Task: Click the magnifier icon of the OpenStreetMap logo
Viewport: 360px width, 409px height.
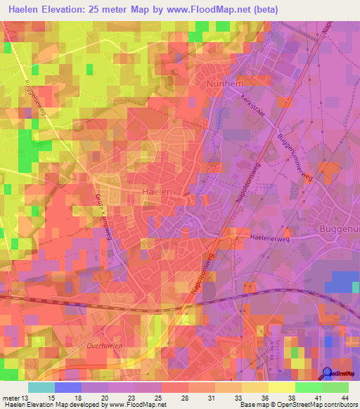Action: tap(326, 373)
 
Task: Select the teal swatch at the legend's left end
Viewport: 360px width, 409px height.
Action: tap(41, 387)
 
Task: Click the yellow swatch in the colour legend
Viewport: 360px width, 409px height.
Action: tap(282, 387)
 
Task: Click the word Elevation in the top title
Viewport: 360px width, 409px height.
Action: tap(66, 10)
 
